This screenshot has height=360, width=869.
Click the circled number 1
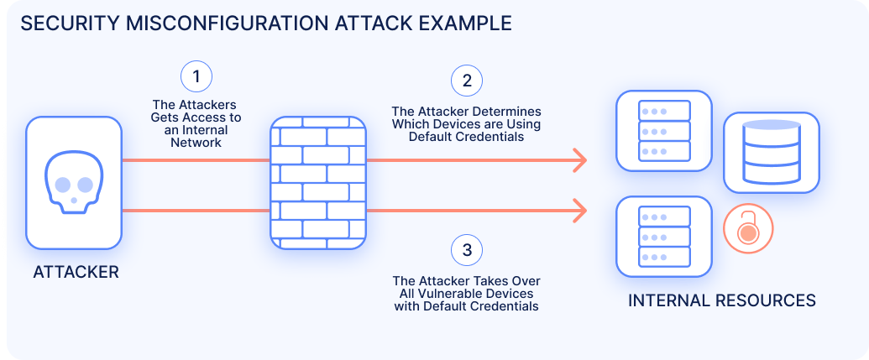196,78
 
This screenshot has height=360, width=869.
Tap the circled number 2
467,81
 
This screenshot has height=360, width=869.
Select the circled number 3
467,249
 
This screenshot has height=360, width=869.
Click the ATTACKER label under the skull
76,272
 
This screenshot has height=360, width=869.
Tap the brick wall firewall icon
318,182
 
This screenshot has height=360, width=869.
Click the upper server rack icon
664,131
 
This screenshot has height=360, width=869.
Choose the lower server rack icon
664,236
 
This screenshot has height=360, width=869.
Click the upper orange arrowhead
579,159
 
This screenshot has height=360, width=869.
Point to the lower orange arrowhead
579,210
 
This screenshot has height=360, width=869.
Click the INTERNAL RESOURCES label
721,300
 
